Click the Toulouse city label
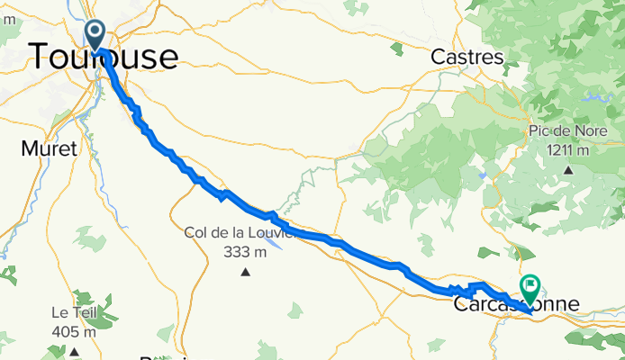[x=104, y=56]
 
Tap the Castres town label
[x=467, y=57]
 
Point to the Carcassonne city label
[x=515, y=305]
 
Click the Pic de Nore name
[x=568, y=131]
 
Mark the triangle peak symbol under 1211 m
[x=568, y=168]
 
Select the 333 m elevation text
[x=244, y=251]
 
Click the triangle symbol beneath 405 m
[x=74, y=351]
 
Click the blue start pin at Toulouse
[x=95, y=35]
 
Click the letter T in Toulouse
[x=41, y=56]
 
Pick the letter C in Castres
[x=439, y=57]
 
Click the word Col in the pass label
[x=195, y=233]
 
